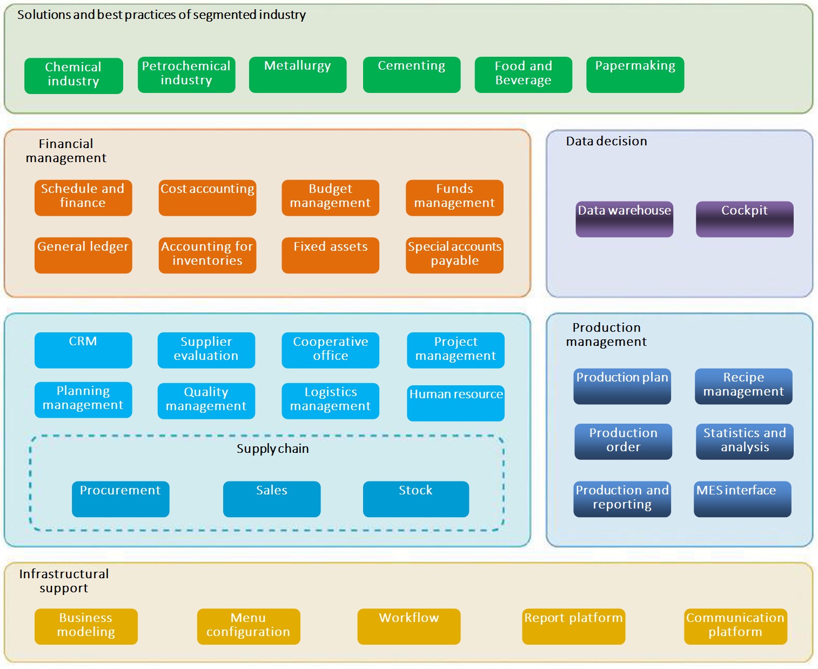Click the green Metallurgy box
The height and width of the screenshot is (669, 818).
(x=298, y=75)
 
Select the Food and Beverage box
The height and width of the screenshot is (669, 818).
(x=523, y=75)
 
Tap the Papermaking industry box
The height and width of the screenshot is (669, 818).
(x=635, y=75)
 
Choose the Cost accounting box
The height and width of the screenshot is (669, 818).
(x=207, y=198)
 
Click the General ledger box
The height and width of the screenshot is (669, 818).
(x=83, y=256)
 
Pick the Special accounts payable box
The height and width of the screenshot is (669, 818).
(x=454, y=256)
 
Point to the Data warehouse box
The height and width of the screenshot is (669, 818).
(x=624, y=219)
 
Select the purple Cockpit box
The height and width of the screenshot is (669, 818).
(x=745, y=219)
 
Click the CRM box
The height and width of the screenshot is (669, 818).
(x=83, y=350)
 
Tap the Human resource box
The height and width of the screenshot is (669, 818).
(x=455, y=403)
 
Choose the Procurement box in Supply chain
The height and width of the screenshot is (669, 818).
(x=120, y=499)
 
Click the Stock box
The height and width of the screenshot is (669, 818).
(x=416, y=499)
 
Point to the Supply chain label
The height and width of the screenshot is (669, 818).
(x=273, y=449)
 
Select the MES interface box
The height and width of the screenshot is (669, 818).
(x=742, y=499)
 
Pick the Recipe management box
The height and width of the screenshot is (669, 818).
(x=743, y=386)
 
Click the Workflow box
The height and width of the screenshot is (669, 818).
(x=409, y=626)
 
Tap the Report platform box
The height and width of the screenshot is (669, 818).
(x=573, y=626)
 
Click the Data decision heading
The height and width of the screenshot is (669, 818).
(x=606, y=141)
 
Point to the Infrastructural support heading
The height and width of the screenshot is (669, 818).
(x=64, y=580)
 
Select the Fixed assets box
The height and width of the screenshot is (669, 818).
(x=330, y=256)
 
